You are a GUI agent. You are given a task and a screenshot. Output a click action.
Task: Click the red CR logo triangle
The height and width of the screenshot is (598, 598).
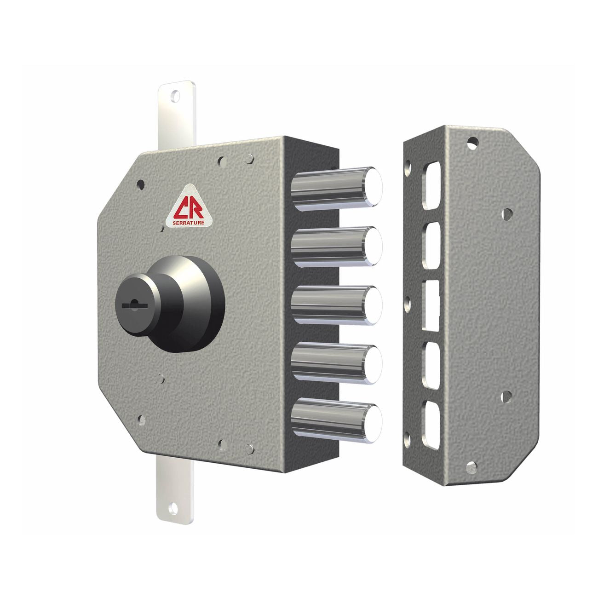click(188, 207)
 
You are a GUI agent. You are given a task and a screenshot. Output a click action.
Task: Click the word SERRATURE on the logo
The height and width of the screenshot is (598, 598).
click(188, 222)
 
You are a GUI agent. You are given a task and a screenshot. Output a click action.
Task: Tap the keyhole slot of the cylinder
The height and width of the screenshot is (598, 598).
click(134, 305)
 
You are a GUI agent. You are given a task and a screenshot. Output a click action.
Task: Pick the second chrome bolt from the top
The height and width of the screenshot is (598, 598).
click(336, 247)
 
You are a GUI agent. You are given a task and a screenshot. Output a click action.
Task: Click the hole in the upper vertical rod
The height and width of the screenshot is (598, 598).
click(175, 97)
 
